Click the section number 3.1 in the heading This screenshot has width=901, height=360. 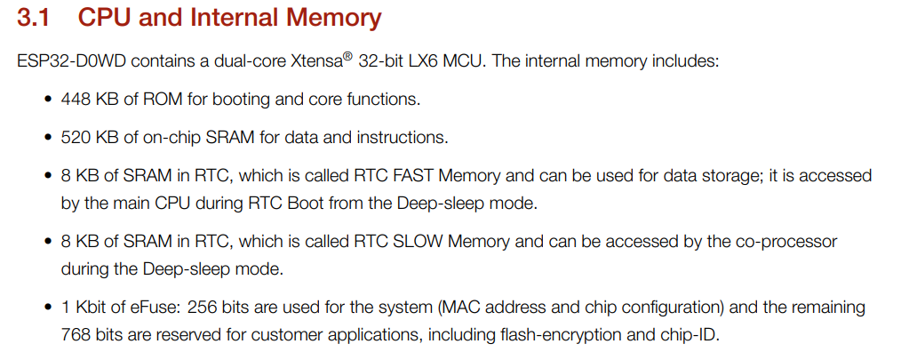tap(38, 17)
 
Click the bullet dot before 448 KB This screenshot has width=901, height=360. tap(47, 100)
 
